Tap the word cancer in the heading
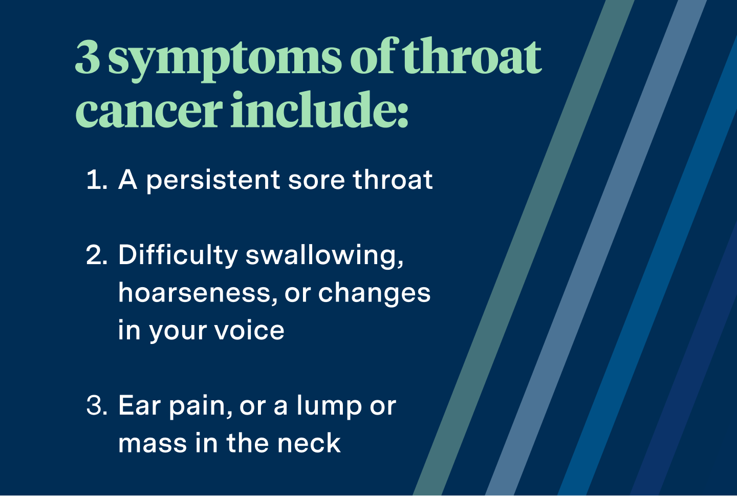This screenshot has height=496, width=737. coord(149,111)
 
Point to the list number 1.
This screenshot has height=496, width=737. coord(96,180)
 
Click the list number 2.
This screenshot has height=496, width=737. coord(97,255)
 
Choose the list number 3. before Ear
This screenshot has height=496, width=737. coord(97,405)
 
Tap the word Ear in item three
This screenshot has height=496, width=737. coord(139,405)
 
